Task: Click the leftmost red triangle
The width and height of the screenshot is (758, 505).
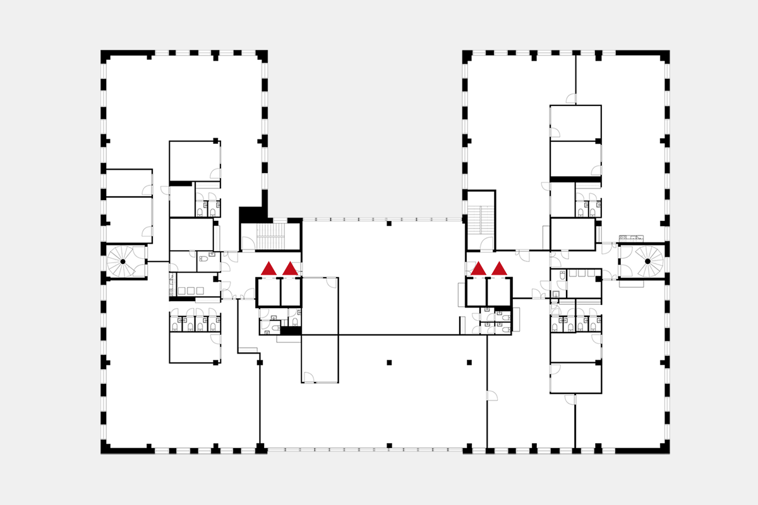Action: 268,269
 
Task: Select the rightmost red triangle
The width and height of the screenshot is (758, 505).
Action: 499,269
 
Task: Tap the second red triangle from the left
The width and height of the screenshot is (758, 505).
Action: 290,269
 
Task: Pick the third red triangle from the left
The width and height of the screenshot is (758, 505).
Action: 478,269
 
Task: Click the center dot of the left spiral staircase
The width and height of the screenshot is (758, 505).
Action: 123,261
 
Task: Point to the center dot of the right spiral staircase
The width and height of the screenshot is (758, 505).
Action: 647,261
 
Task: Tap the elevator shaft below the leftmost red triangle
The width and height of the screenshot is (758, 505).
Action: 268,292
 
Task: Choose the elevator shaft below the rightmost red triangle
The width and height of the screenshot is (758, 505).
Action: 499,292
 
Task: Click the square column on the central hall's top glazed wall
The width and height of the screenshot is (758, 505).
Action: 389,223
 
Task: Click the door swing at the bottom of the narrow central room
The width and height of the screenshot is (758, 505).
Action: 309,377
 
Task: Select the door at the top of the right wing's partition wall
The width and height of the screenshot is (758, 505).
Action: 571,98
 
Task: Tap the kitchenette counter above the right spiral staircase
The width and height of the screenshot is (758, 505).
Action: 632,238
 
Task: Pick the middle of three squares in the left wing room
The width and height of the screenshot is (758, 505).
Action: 191,290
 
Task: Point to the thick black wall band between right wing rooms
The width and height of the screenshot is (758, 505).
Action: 575,179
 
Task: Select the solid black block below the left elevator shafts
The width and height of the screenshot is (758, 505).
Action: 291,330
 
